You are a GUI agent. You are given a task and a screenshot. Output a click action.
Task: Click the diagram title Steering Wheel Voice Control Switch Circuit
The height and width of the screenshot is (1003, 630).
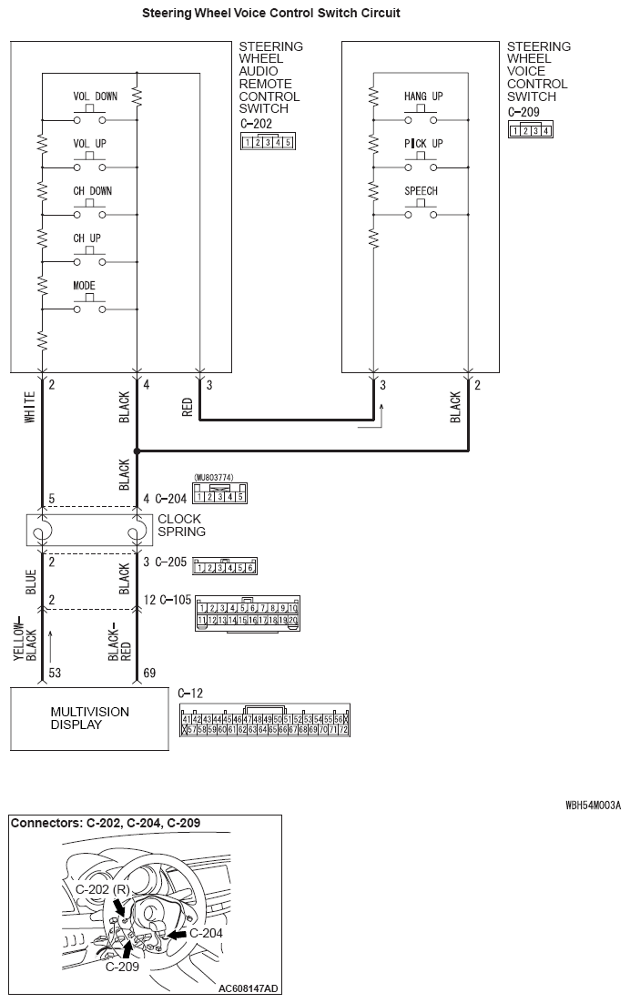tap(271, 14)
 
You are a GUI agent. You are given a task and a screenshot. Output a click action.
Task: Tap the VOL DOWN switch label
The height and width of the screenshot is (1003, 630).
tap(95, 96)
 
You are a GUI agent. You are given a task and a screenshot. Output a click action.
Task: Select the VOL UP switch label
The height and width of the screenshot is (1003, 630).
tap(89, 144)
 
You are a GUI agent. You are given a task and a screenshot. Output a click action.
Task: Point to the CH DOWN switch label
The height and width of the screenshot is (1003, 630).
tap(93, 191)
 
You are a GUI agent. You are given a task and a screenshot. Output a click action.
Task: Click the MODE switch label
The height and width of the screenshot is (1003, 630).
tap(84, 286)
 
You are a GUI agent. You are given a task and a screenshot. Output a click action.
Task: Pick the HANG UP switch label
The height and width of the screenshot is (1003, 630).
tap(422, 96)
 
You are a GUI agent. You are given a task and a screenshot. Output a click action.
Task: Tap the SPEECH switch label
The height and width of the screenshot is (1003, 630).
tap(421, 191)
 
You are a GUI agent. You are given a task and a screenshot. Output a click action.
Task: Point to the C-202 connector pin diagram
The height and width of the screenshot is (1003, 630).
tap(267, 142)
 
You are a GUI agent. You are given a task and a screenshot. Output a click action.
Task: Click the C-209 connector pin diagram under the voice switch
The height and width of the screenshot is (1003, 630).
tap(530, 130)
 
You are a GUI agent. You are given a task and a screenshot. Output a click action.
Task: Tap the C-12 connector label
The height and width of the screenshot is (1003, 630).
tap(191, 693)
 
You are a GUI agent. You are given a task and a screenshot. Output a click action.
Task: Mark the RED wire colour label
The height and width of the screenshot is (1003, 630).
tap(188, 407)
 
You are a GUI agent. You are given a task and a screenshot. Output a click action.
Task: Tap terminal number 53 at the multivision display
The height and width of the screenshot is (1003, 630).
tap(55, 673)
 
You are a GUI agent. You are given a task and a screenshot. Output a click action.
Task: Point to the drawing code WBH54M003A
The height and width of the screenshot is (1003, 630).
tap(593, 805)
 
